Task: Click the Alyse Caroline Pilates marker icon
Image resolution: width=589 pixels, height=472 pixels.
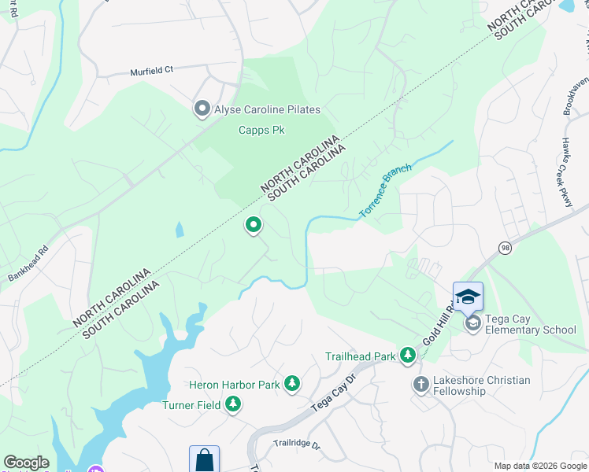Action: (x=202, y=109)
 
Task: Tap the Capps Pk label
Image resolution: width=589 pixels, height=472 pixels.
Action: (x=261, y=130)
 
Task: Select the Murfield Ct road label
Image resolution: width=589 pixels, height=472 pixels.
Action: (x=151, y=70)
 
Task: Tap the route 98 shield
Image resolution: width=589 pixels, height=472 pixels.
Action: (x=504, y=247)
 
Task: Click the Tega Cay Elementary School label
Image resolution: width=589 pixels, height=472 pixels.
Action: (x=532, y=330)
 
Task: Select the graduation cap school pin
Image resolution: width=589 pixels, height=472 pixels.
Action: (x=468, y=296)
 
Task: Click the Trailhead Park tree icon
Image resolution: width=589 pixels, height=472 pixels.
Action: (x=407, y=356)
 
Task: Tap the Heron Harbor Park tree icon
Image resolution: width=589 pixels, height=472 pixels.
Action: (x=292, y=384)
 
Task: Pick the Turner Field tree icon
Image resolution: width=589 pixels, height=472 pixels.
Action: (x=232, y=404)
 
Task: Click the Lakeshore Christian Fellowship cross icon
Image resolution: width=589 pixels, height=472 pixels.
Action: (x=420, y=385)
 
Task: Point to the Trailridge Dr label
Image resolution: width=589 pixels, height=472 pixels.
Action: (x=298, y=445)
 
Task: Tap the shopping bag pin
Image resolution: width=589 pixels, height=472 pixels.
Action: (x=204, y=459)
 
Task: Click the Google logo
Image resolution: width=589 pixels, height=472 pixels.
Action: (x=26, y=463)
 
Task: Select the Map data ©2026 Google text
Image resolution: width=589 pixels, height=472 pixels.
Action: (x=539, y=466)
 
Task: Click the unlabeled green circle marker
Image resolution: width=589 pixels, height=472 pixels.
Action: (x=254, y=226)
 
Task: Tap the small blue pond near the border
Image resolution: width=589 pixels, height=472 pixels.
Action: (x=180, y=229)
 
